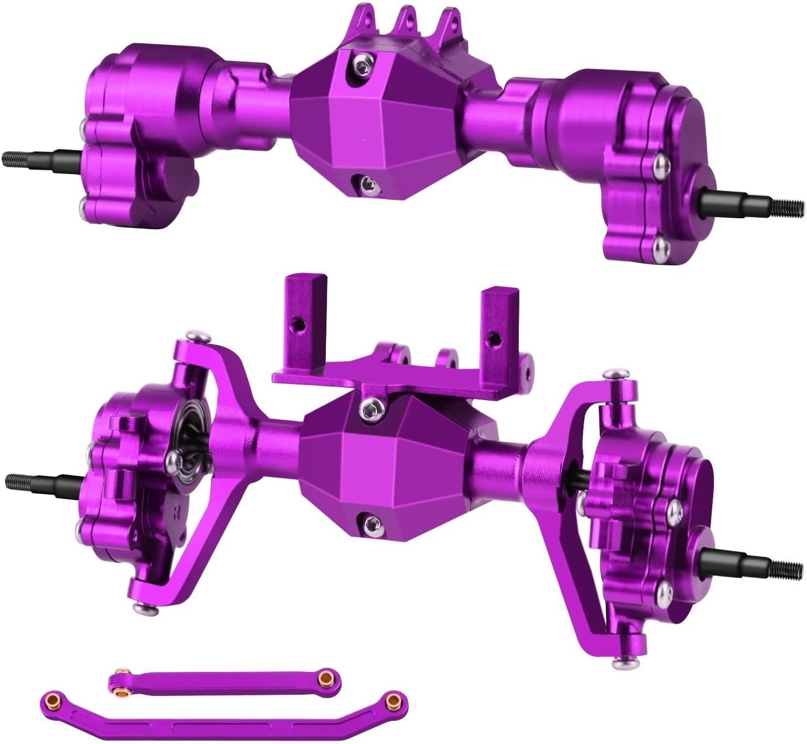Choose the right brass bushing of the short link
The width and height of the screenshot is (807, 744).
(329, 676)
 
